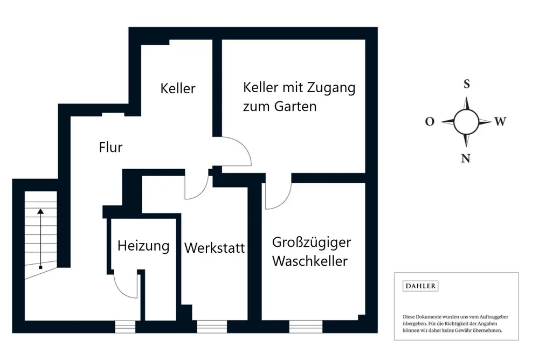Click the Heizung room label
click(143, 246)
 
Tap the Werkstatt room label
click(215, 248)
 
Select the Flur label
click(111, 147)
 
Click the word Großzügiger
click(311, 243)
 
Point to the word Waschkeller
click(309, 261)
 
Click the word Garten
click(295, 106)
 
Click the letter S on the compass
click(467, 84)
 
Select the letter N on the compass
click(466, 158)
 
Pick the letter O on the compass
click(430, 122)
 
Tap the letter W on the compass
click(500, 122)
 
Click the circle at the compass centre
click(466, 122)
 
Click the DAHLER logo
click(420, 286)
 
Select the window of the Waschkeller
click(306, 327)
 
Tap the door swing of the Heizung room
click(127, 286)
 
